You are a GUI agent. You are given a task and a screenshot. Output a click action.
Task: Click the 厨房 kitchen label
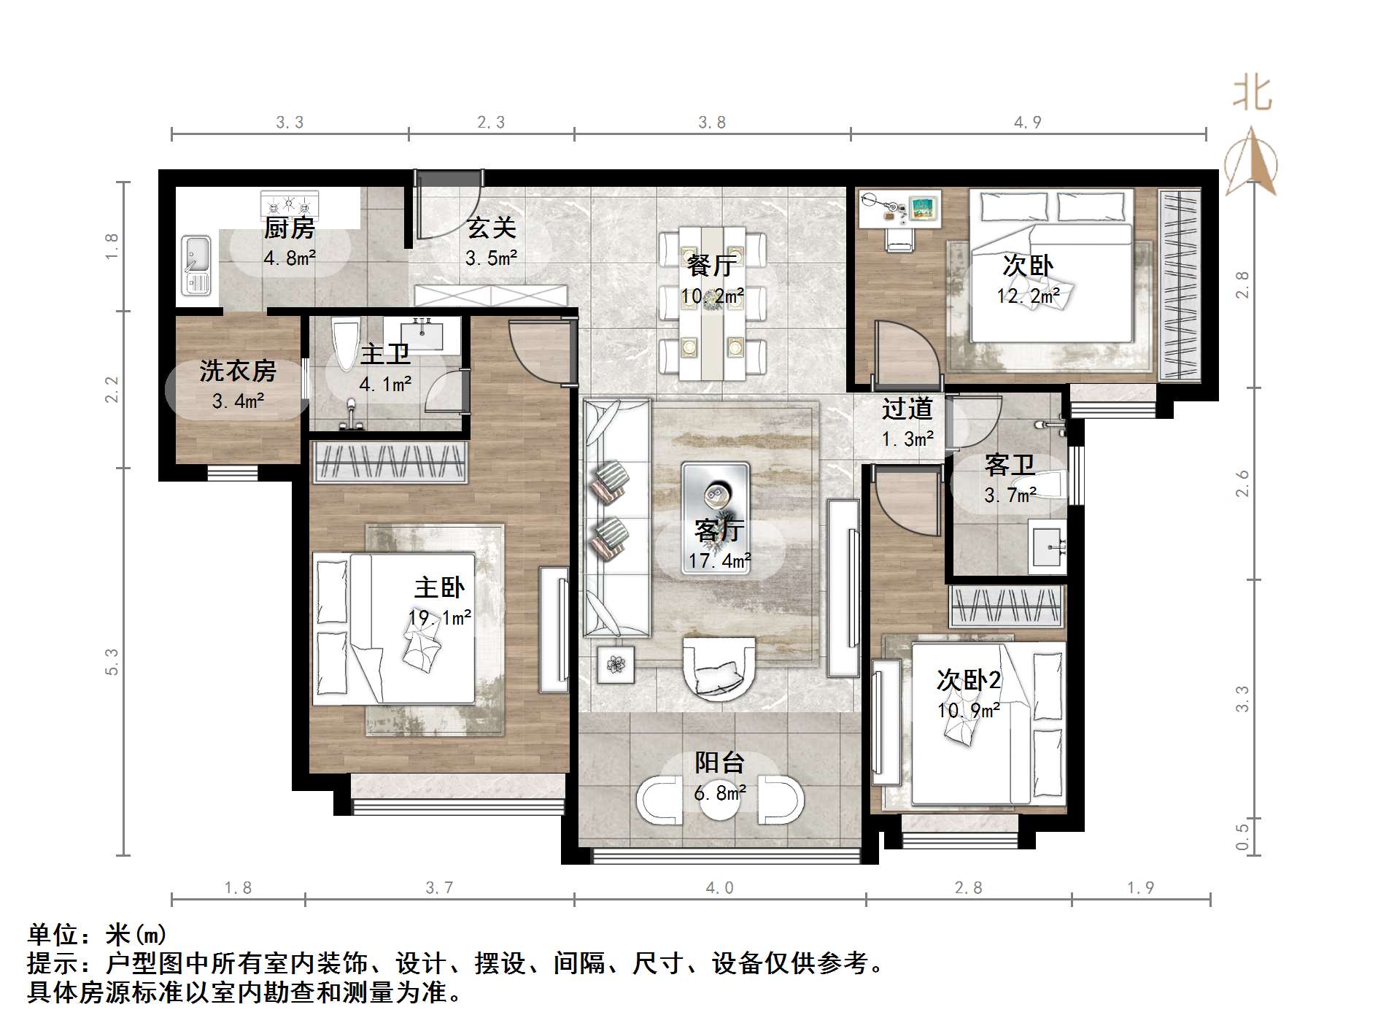click(290, 228)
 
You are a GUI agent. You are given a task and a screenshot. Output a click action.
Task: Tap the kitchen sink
click(196, 265)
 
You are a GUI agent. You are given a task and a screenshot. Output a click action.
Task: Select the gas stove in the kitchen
click(290, 202)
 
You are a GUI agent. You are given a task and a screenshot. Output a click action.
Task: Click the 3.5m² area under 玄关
click(492, 258)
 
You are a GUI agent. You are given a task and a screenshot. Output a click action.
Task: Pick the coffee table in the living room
click(716, 518)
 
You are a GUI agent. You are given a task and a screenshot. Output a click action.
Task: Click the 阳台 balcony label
click(719, 763)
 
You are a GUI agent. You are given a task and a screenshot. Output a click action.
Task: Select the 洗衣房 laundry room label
click(238, 371)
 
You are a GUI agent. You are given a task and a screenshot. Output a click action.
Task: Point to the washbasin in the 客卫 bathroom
click(1048, 547)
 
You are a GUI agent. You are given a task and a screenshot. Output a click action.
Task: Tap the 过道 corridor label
click(907, 409)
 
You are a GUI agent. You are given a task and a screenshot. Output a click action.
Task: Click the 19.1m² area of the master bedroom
click(440, 618)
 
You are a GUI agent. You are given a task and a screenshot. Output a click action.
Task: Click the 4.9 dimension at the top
click(1027, 123)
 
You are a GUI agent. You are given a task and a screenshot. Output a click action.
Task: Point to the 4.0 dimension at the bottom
click(719, 887)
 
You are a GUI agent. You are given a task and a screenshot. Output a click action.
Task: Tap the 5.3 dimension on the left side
click(112, 662)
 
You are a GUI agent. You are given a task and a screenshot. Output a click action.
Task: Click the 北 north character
click(1253, 94)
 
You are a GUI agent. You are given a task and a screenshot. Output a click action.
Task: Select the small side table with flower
click(616, 664)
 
